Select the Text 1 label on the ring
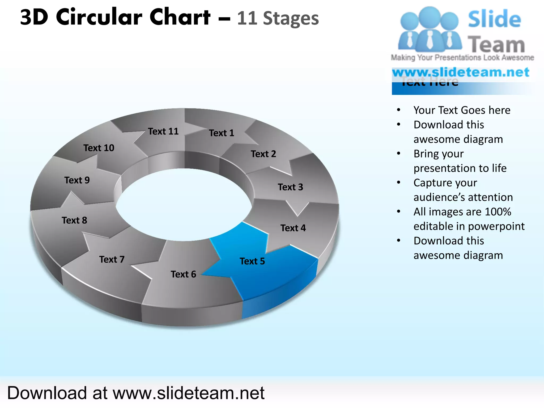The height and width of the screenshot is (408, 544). tap(222, 133)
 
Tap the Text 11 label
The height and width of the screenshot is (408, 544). tap(163, 131)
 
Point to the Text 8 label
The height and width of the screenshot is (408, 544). tap(74, 220)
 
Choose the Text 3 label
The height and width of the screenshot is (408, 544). tap(290, 187)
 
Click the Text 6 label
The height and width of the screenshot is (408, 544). tap(183, 274)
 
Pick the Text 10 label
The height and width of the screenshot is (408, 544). tap(99, 148)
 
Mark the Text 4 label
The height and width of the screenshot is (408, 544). tap(293, 228)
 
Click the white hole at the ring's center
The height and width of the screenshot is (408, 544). tap(183, 205)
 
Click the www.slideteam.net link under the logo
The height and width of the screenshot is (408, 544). tap(461, 72)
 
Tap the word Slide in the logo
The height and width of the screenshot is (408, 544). tap(494, 19)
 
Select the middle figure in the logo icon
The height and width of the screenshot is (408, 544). tap(430, 29)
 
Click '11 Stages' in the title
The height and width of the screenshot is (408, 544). tap(278, 19)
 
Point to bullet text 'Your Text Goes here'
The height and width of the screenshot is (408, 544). tap(462, 110)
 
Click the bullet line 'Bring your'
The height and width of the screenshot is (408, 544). tap(438, 154)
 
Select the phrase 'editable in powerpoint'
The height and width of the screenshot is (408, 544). tap(469, 226)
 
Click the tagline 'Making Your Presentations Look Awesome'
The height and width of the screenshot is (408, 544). tap(462, 58)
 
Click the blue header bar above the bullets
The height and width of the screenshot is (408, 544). tap(462, 89)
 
